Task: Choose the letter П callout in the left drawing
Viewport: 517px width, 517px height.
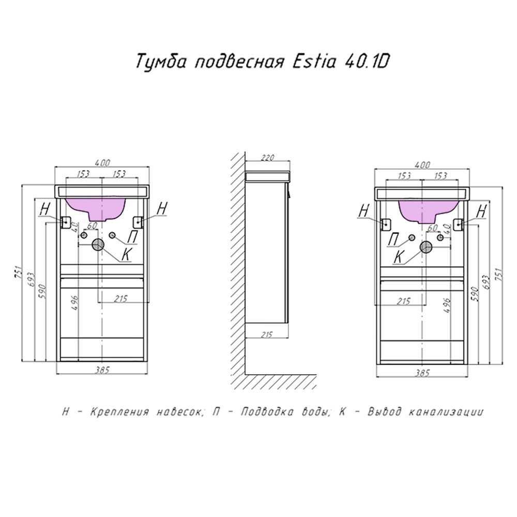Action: point(132,237)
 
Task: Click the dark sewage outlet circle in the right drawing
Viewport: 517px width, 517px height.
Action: point(426,247)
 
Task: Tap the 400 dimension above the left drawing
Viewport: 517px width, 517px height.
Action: point(103,163)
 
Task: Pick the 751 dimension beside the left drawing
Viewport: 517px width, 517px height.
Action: point(17,271)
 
